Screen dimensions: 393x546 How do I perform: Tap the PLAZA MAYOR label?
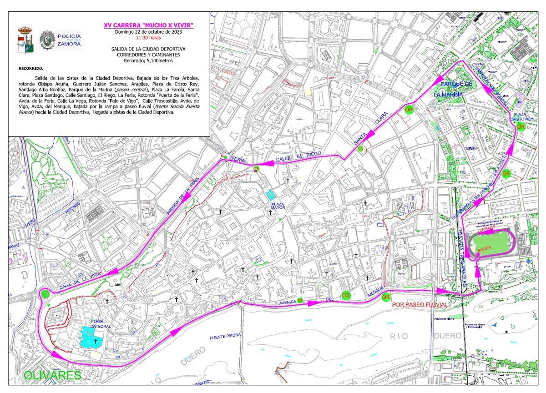tap(278, 207)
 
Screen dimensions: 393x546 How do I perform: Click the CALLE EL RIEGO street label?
tap(298, 158)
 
